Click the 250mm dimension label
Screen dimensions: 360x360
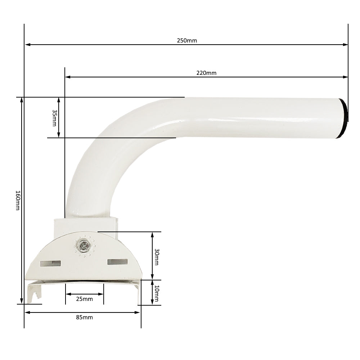[x=187, y=41]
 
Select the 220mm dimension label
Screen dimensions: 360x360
[x=206, y=73]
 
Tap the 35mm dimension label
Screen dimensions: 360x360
[x=54, y=118]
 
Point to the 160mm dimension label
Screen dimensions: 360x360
[x=18, y=200]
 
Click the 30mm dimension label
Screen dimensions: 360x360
[x=157, y=257]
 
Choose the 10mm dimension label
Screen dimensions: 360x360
[x=157, y=293]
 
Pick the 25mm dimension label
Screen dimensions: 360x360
[x=85, y=299]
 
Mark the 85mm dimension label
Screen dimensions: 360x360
[x=85, y=318]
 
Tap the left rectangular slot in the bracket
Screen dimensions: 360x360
[x=50, y=264]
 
